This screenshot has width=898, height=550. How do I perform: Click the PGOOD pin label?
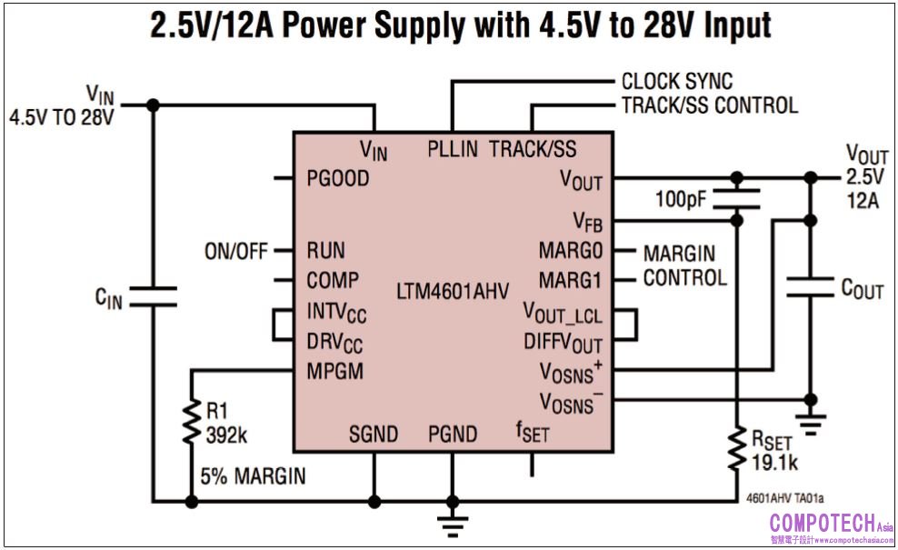point(338,179)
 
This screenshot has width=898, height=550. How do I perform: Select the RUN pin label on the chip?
point(325,250)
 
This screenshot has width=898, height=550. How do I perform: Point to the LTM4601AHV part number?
point(452,293)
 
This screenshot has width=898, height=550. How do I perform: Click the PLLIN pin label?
point(453,149)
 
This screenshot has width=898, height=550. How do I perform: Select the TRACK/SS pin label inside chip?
point(533,149)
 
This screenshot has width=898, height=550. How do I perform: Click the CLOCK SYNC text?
point(676,82)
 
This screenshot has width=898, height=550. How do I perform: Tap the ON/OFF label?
point(237,251)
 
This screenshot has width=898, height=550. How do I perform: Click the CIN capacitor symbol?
point(152,297)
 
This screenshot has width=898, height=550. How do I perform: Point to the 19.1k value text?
point(774,464)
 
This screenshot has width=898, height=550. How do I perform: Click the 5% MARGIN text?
point(253,475)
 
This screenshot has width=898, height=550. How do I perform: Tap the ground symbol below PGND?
point(452,522)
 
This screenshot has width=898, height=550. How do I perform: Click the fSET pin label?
point(533,432)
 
